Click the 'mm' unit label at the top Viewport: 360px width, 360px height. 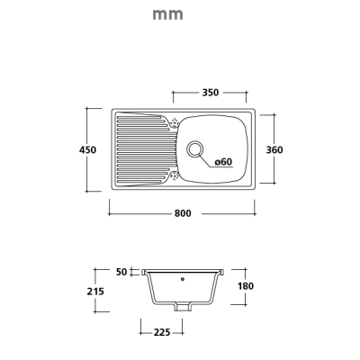pos(167,14)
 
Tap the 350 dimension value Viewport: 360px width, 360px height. pos(211,93)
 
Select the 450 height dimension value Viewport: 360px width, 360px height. pos(87,149)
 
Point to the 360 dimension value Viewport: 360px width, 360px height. pos(274,149)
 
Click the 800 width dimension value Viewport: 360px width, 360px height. pos(183,213)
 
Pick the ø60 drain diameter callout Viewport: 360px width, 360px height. pos(224,162)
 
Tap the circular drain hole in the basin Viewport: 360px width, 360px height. pos(195,149)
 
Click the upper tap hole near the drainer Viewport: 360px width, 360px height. pos(174,122)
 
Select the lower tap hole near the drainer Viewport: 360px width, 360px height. pos(174,175)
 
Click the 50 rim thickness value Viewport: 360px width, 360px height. pos(121,272)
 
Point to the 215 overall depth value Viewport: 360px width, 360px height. pos(95,291)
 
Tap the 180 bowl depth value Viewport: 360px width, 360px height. pos(246,286)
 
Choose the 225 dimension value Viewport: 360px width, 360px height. pos(162,332)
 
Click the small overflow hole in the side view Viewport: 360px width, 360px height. pos(183,279)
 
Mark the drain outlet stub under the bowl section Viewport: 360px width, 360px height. pos(183,307)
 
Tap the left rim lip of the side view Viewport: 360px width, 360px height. pos(144,273)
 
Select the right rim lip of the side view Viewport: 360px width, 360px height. pos(222,273)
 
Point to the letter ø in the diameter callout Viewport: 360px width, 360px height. pos(218,162)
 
